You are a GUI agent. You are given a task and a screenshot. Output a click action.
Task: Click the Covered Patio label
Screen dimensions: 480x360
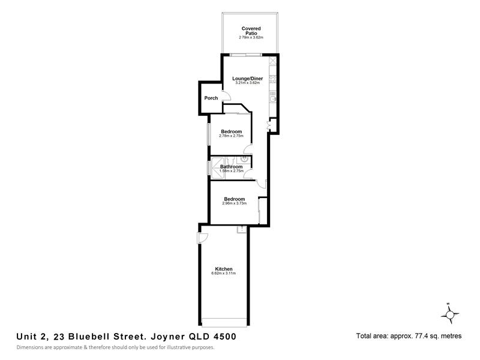coord(251,31)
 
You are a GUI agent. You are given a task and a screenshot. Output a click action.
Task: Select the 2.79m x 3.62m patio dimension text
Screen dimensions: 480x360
coord(251,37)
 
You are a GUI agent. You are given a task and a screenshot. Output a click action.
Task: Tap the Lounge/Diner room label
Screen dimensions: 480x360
coord(247,79)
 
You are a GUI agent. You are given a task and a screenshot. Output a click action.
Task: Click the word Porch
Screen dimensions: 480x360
coord(211,98)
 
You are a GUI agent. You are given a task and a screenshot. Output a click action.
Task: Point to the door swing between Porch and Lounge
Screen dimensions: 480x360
coord(227,96)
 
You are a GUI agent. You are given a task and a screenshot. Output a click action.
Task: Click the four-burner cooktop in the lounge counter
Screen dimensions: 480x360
coord(273,79)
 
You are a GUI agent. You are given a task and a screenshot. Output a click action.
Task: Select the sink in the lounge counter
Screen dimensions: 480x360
coord(273,99)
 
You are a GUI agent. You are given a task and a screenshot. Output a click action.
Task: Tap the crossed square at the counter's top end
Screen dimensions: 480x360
coord(273,61)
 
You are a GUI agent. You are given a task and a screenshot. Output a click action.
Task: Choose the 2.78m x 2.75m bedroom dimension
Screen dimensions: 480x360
coord(231,136)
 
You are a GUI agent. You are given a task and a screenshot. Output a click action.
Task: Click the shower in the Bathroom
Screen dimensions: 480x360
coord(218,167)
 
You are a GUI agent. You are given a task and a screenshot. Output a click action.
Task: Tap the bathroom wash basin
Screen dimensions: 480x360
coord(244,159)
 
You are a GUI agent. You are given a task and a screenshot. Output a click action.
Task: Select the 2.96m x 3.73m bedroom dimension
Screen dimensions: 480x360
coord(234,203)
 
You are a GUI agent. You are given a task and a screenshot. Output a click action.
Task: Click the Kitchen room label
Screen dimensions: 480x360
coord(223,269)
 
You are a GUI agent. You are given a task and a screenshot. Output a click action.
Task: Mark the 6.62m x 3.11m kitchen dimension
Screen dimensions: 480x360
coord(223,273)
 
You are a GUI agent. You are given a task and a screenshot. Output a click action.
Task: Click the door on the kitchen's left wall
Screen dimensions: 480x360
coord(202,238)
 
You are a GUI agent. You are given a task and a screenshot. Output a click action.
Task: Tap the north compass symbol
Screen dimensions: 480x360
coord(449,314)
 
